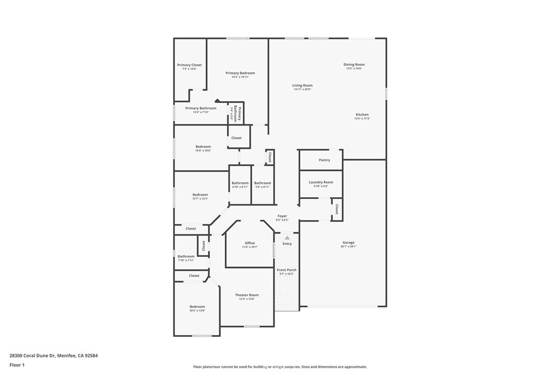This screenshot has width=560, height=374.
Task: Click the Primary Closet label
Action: [189, 65]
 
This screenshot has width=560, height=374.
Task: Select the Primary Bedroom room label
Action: [240, 73]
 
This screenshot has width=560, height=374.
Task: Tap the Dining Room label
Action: [354, 65]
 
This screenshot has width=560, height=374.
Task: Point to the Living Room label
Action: [302, 85]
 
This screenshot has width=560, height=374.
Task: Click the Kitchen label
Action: [362, 114]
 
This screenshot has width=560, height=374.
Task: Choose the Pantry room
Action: [324, 160]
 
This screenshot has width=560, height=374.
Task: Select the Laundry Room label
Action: [320, 182]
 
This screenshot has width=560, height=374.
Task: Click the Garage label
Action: [348, 243]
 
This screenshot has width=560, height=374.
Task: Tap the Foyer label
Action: [282, 216]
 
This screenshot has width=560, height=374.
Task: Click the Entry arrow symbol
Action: [287, 237]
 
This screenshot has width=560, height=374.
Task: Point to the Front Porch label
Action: [286, 271]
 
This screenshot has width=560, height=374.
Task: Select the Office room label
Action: [250, 243]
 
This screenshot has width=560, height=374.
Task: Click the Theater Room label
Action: [247, 295]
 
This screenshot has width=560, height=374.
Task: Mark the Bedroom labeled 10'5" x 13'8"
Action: [197, 307]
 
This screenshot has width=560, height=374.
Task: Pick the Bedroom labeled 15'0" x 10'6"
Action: [203, 147]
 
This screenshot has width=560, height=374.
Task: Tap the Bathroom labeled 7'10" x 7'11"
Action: [186, 256]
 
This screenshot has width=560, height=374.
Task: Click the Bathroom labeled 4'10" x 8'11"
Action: [240, 183]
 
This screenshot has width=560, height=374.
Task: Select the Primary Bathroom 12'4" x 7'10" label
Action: [201, 108]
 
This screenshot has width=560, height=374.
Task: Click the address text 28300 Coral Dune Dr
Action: [54, 355]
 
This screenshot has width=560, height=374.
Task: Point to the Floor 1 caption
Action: [17, 365]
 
